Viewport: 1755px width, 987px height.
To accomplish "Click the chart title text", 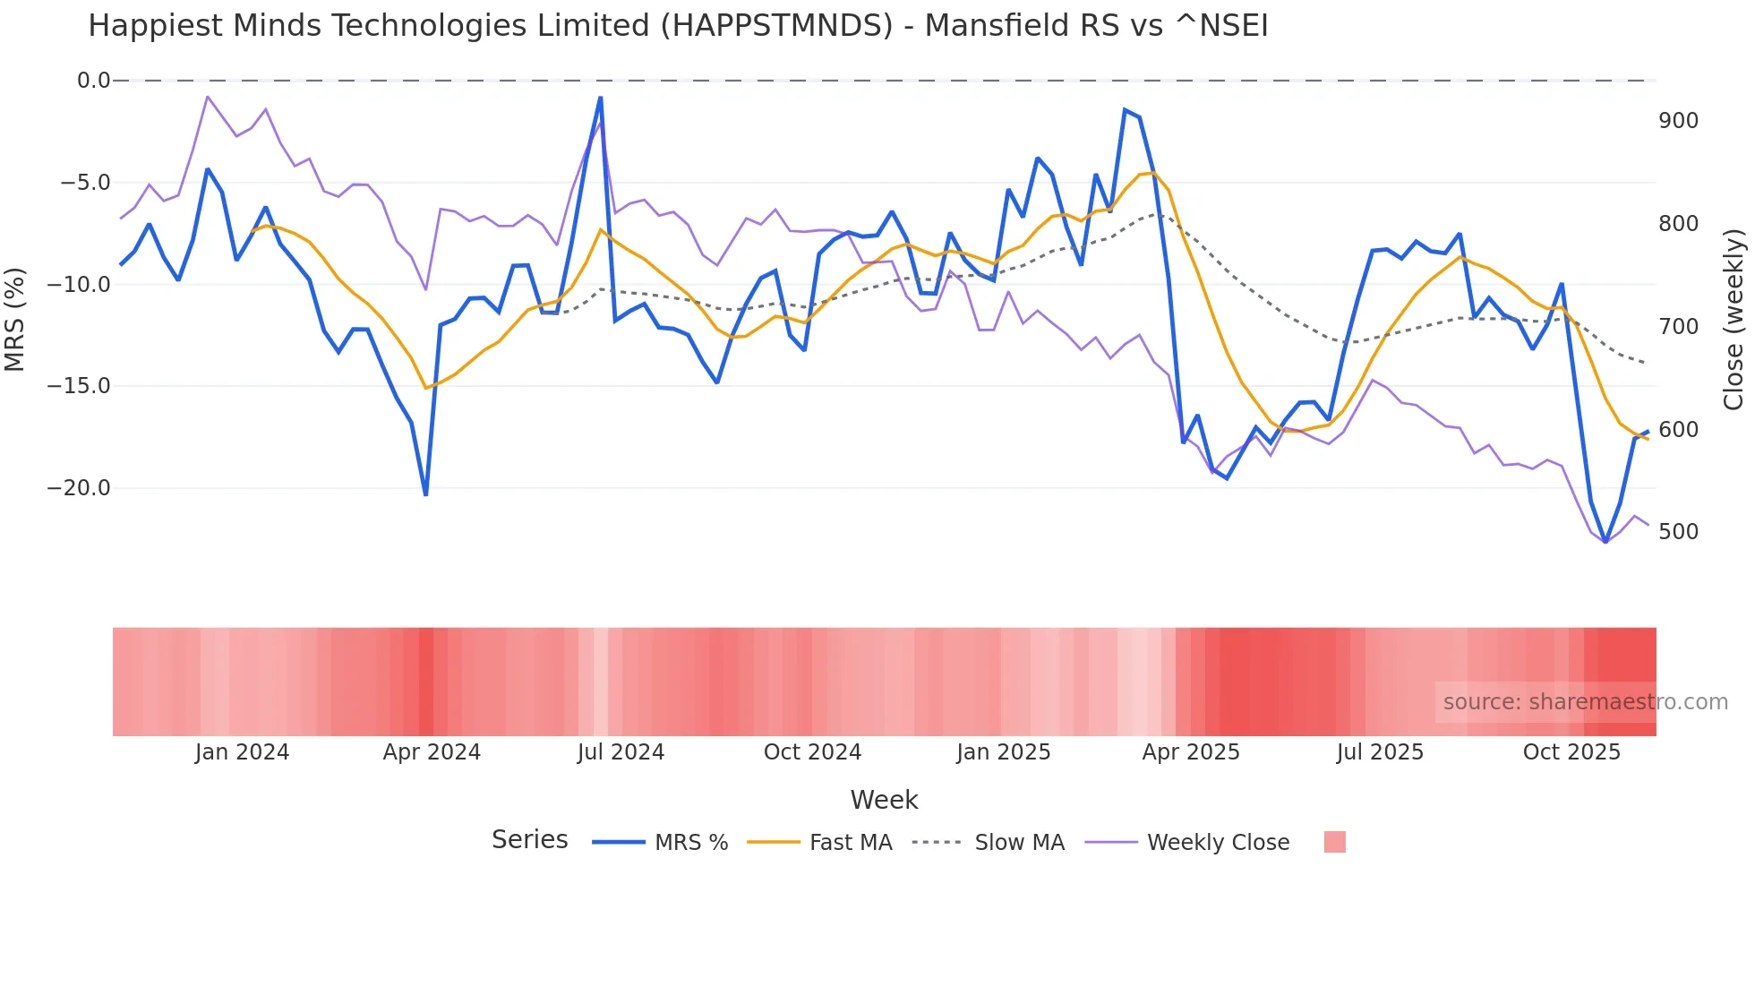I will tap(678, 26).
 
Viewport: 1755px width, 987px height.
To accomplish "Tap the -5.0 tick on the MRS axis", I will tap(85, 183).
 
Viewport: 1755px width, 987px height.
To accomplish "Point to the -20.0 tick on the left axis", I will tap(79, 488).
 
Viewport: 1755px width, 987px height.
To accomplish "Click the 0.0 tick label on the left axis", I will tap(93, 81).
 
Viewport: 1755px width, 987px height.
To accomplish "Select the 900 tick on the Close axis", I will tap(1678, 121).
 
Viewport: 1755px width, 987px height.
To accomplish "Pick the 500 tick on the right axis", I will tap(1678, 532).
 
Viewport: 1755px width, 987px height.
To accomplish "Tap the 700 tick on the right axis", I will tap(1678, 327).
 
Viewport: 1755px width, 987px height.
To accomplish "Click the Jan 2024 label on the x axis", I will tap(242, 752).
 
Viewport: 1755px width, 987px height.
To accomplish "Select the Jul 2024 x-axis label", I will tap(621, 752).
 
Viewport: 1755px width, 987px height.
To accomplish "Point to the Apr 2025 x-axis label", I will tap(1191, 752).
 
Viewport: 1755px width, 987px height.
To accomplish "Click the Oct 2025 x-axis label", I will tap(1571, 752).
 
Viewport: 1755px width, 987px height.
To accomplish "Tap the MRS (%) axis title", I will tap(14, 319).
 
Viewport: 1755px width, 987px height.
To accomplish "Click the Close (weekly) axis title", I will tap(1734, 320).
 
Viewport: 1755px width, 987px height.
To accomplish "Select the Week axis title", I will tap(884, 800).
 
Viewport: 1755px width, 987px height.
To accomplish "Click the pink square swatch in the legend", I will tap(1334, 842).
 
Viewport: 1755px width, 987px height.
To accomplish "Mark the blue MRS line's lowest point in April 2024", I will tap(425, 493).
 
